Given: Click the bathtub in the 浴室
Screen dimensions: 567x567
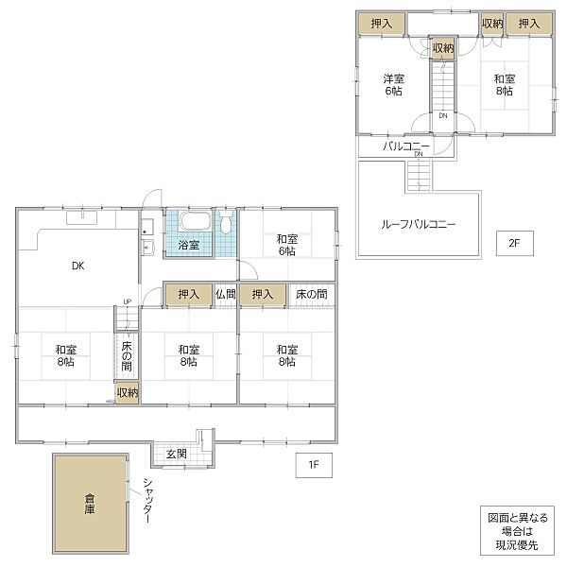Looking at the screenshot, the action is tap(195, 221).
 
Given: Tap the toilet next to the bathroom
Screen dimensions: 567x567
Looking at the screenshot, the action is tap(226, 221).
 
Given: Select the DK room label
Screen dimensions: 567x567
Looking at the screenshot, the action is tap(78, 266).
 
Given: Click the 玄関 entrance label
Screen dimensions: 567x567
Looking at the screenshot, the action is tap(177, 454).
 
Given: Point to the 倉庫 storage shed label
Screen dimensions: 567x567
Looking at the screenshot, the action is tap(90, 504).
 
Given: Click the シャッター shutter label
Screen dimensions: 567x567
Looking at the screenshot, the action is tap(147, 501).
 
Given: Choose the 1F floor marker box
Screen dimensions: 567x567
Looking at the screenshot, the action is tap(314, 465).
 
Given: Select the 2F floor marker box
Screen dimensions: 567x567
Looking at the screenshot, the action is tap(515, 243).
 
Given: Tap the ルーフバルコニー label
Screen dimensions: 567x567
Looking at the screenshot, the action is tap(419, 225).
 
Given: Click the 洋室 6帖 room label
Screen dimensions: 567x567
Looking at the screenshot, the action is tap(393, 85).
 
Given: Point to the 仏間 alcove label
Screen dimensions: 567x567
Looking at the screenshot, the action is tap(226, 294).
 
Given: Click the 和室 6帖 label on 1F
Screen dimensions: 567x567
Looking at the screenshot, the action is tap(287, 245).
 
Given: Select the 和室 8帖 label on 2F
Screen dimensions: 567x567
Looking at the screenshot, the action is tap(505, 85).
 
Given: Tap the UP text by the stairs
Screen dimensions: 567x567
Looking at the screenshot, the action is tap(128, 301).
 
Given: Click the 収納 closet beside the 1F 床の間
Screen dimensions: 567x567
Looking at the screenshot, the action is tap(127, 393).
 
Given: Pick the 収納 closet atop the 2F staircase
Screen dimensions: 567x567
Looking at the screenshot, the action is tap(443, 48).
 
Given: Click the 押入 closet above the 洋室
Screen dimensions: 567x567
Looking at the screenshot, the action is tap(382, 24).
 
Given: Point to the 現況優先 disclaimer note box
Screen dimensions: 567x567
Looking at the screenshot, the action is tap(518, 530).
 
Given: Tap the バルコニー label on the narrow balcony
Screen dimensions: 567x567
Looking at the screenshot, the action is tap(406, 146).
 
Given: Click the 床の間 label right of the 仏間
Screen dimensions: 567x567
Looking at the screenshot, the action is tap(311, 294).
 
